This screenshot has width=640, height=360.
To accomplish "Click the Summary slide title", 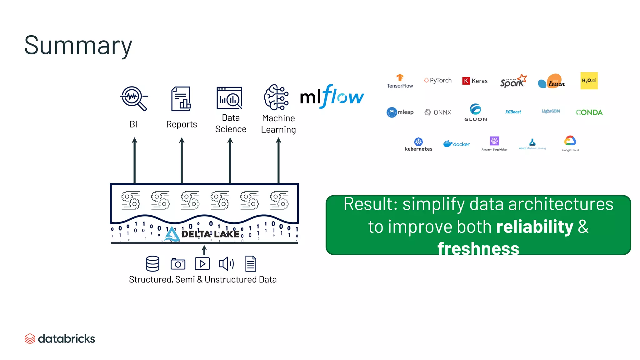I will [78, 46].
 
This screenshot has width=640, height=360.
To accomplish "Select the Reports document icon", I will [181, 99].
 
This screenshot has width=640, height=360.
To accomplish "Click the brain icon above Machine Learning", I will [276, 97].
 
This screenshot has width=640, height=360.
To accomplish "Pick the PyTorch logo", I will [438, 80].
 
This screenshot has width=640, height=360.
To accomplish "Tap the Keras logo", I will [475, 81].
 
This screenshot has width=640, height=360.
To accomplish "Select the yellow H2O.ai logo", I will [589, 81].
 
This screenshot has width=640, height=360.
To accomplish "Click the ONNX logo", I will [438, 112].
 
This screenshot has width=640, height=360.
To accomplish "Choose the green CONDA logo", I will [589, 112].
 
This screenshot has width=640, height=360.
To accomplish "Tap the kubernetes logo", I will [418, 144].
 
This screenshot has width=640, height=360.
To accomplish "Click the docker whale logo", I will [456, 144].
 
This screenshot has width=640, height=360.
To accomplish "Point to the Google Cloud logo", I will [570, 143].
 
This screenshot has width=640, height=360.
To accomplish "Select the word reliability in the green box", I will [534, 227].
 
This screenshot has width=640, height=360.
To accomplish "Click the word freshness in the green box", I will [478, 249].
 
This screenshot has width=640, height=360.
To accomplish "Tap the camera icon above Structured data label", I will [178, 264].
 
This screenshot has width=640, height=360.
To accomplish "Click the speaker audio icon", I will [227, 264].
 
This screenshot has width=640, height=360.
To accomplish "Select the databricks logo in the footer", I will [60, 339].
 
